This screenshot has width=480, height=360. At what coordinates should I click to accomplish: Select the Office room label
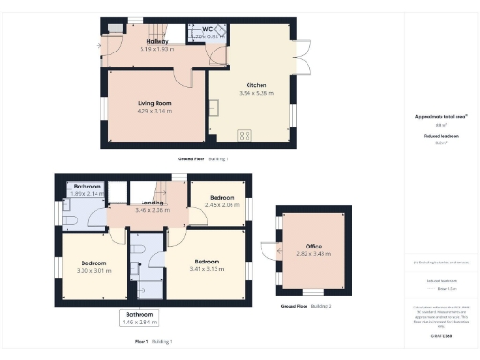tap(314, 246)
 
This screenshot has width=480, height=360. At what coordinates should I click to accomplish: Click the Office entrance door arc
tap(270, 249)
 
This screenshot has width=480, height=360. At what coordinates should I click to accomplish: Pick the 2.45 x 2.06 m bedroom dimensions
tap(223, 205)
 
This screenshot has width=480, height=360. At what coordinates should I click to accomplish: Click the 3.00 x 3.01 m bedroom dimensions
tap(93, 270)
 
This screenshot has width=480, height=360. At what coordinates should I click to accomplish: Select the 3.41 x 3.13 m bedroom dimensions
tap(206, 269)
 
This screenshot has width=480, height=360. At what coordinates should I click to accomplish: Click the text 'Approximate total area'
tap(441, 115)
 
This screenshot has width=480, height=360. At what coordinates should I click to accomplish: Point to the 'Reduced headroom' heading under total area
tap(441, 136)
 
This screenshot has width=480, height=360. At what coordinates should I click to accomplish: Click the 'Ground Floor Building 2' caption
tap(307, 307)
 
